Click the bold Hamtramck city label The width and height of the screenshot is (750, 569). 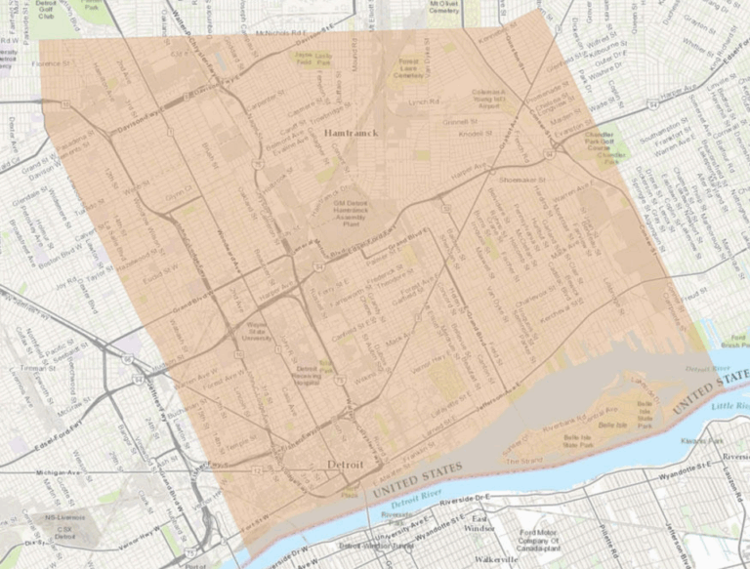346,131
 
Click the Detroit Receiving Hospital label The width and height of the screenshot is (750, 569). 311,373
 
